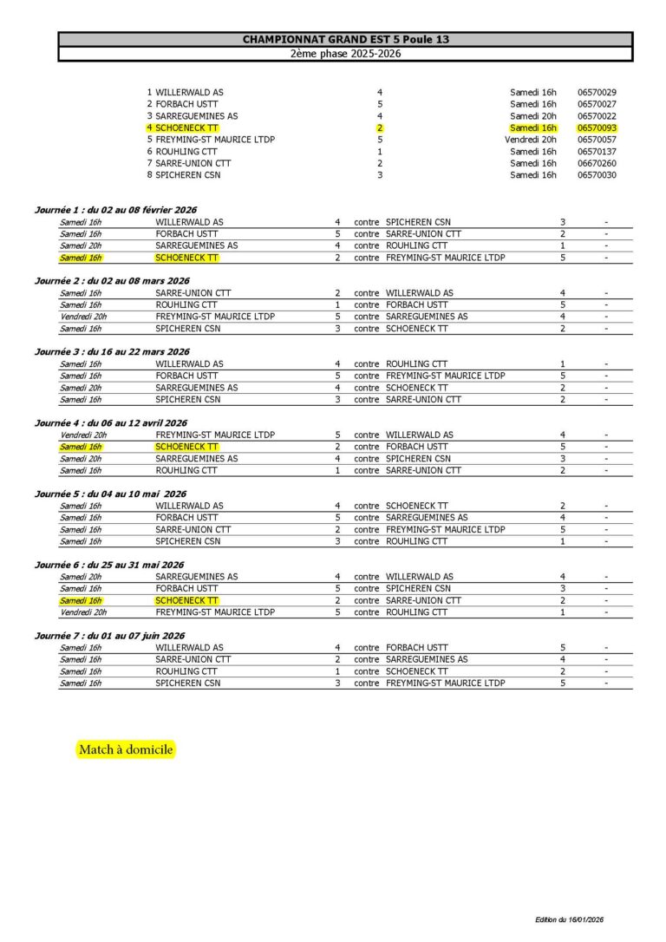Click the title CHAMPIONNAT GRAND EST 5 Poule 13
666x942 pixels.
pyautogui.click(x=345, y=40)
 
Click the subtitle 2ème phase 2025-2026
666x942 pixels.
pyautogui.click(x=345, y=54)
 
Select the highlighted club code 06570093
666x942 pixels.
pyautogui.click(x=597, y=128)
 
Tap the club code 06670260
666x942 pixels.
pyautogui.click(x=597, y=163)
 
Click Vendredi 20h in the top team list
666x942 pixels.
pyautogui.click(x=531, y=140)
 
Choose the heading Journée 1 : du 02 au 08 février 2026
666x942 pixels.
pyautogui.click(x=115, y=210)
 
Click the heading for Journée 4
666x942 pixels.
pyautogui.click(x=110, y=422)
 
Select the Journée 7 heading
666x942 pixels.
pyautogui.click(x=109, y=636)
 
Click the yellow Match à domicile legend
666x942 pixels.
pyautogui.click(x=126, y=749)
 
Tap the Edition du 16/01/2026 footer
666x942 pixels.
pyautogui.click(x=569, y=919)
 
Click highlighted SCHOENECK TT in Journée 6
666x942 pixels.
pyautogui.click(x=186, y=600)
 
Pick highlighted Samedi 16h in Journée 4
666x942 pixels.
pyautogui.click(x=81, y=447)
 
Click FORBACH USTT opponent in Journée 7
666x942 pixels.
pyautogui.click(x=416, y=647)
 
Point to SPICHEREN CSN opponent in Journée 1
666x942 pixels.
pyautogui.click(x=418, y=222)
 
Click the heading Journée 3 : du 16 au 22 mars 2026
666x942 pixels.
pyautogui.click(x=112, y=351)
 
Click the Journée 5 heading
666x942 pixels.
pyautogui.click(x=110, y=494)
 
